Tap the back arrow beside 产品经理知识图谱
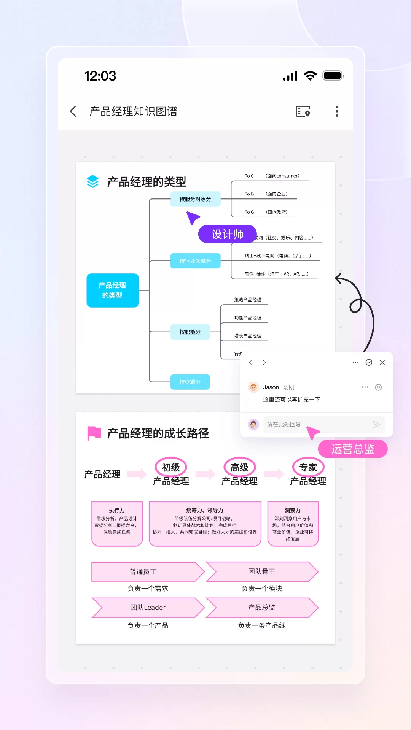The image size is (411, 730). [73, 111]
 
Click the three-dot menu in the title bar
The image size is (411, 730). [337, 111]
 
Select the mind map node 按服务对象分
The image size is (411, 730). [195, 199]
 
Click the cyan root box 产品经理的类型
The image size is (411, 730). [112, 290]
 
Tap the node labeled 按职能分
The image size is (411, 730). [190, 332]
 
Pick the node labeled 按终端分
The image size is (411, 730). [190, 382]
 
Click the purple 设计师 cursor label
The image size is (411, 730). [227, 234]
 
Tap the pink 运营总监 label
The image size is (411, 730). [353, 449]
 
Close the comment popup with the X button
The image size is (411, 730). [382, 363]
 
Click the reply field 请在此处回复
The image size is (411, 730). [316, 424]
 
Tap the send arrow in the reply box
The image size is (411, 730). [376, 424]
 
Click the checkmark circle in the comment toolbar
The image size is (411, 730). [369, 363]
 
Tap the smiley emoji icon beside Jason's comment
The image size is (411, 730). [378, 387]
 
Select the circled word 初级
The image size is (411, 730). [171, 467]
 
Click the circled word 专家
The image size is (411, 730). [308, 467]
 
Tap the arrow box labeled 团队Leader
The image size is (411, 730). [148, 608]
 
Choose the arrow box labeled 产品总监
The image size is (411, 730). [262, 608]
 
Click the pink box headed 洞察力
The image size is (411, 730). [293, 524]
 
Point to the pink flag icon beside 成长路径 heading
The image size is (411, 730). [94, 433]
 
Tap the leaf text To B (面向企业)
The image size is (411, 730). [266, 194]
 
